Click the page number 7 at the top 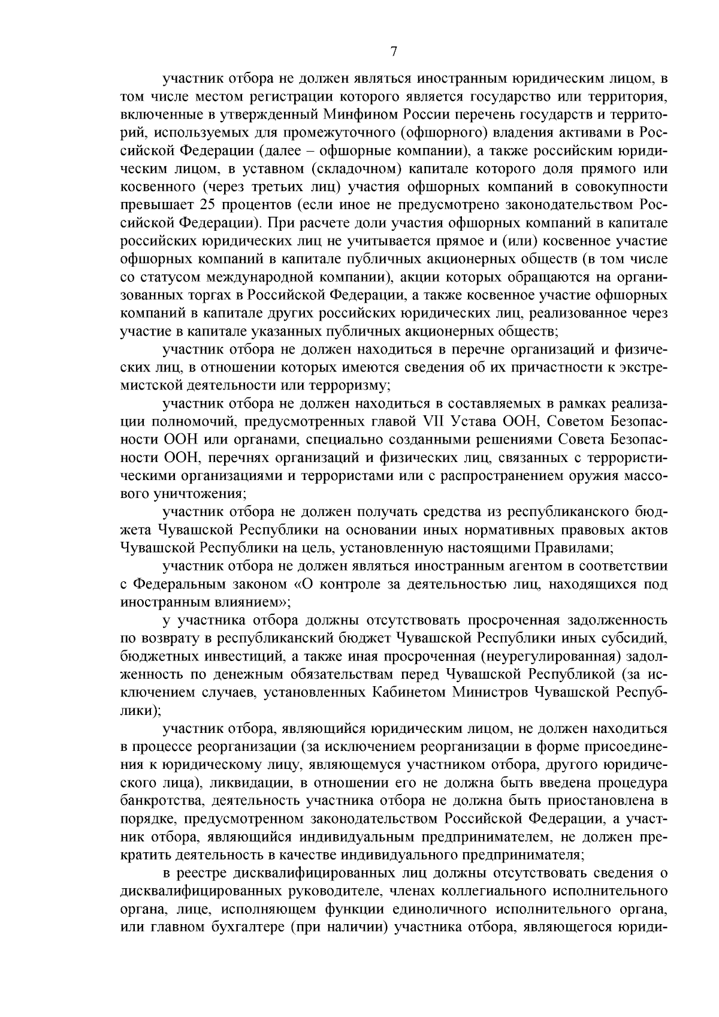click(x=394, y=52)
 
